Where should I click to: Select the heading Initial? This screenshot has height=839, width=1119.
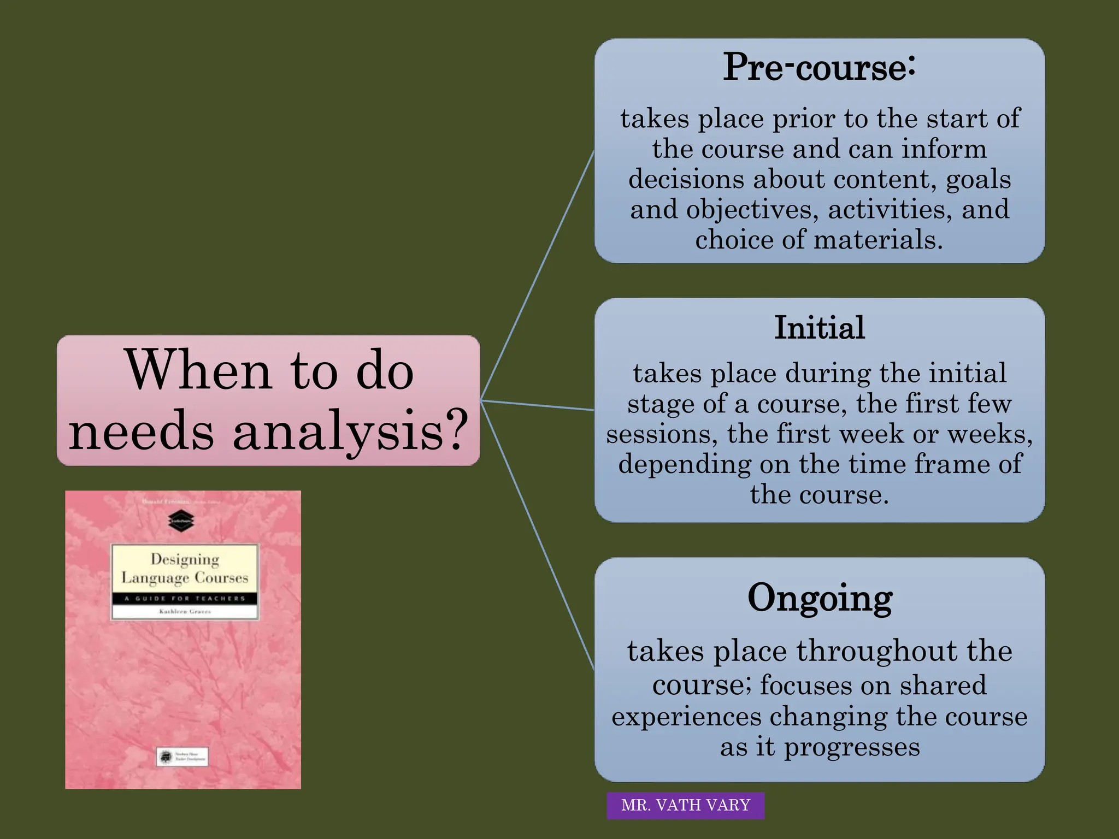pyautogui.click(x=819, y=328)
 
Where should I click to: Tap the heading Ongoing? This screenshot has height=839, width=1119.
pyautogui.click(x=819, y=598)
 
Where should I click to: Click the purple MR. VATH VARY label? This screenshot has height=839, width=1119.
pyautogui.click(x=685, y=805)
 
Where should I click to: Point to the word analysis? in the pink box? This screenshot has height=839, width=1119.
pyautogui.click(x=350, y=432)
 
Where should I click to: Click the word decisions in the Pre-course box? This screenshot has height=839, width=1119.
pyautogui.click(x=686, y=179)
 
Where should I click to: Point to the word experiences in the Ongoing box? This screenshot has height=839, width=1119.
pyautogui.click(x=686, y=717)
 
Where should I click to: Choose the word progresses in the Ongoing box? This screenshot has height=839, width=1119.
pyautogui.click(x=852, y=747)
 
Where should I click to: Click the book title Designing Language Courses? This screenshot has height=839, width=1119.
pyautogui.click(x=185, y=568)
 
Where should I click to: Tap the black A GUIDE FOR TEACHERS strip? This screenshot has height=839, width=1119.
pyautogui.click(x=185, y=599)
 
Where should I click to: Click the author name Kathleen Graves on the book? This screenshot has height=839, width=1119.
pyautogui.click(x=185, y=612)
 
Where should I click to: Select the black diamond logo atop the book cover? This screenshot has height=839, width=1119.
pyautogui.click(x=181, y=520)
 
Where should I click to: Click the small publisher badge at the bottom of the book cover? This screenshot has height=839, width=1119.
pyautogui.click(x=182, y=757)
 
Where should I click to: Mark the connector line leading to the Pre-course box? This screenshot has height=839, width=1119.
pyautogui.click(x=538, y=273)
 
